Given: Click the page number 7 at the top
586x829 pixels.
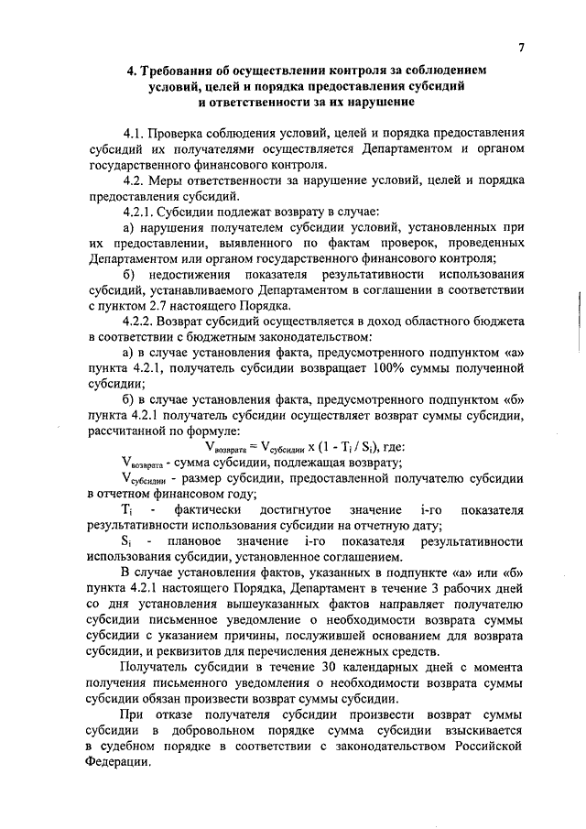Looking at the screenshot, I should tap(521, 47).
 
